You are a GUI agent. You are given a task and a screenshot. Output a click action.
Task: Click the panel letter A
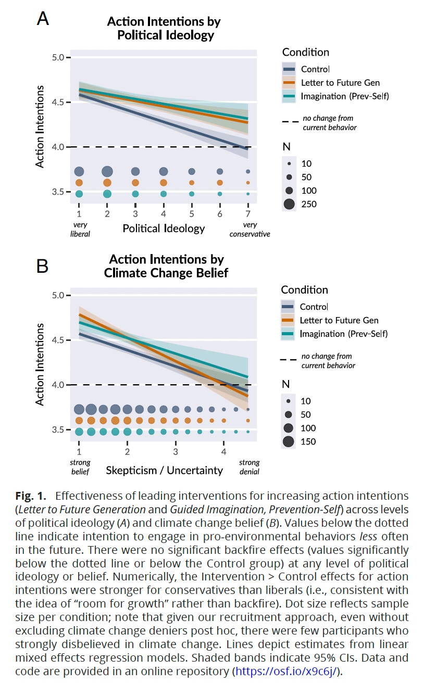pos(43,19)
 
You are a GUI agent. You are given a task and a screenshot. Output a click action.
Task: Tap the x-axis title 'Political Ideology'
pos(164,228)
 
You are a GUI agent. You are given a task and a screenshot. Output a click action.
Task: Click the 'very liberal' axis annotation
pos(80,230)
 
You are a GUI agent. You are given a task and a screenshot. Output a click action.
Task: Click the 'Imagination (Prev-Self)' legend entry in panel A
pos(335,96)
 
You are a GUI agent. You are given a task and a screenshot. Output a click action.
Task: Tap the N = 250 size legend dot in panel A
pos(289,204)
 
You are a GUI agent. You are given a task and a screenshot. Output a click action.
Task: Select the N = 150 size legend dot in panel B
pos(289,442)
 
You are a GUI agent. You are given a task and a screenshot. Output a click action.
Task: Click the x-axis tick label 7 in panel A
pos(247,214)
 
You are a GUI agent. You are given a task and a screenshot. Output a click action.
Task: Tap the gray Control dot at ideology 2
pos(107,171)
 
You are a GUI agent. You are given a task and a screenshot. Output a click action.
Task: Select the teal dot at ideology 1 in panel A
pos(79,194)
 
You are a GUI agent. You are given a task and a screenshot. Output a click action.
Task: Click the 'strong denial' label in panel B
pos(249,467)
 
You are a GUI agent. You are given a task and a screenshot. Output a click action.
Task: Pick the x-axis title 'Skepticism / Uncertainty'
pos(164,471)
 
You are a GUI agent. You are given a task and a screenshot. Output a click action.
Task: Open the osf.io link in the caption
pos(288,670)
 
